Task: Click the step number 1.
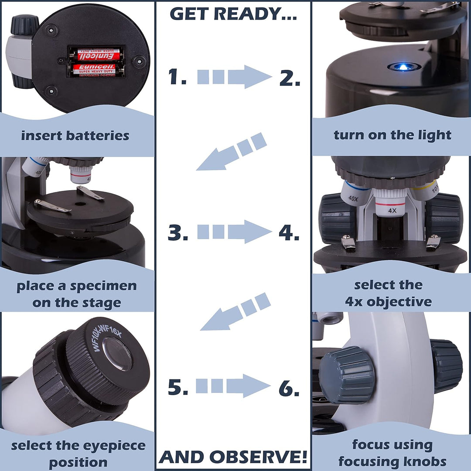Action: coord(177,77)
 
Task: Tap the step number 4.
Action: coord(289,232)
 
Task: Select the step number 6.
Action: coord(289,388)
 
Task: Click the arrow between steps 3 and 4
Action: coord(234,232)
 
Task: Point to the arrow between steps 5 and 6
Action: coord(233,386)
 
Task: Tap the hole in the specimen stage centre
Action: coord(80,204)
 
